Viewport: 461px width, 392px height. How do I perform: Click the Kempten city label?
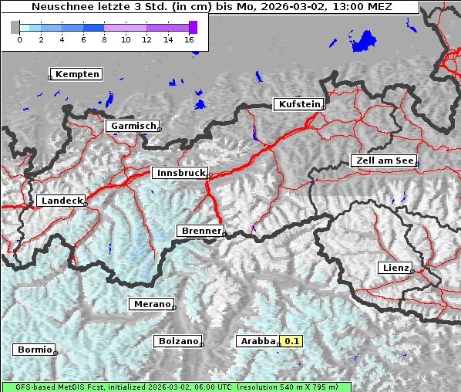click(77, 74)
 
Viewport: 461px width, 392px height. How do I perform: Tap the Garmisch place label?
click(133, 126)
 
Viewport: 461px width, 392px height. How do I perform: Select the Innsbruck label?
click(180, 174)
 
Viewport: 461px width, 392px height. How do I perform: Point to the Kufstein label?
click(299, 104)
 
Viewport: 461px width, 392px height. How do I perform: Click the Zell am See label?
click(383, 161)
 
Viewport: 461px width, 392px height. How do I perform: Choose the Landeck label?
click(61, 201)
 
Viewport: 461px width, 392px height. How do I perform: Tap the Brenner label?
click(200, 231)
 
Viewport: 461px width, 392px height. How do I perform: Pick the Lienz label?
click(395, 268)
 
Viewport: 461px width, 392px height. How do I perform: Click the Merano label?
click(151, 304)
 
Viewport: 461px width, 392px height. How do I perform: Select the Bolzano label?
click(177, 341)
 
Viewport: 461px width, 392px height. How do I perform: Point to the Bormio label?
click(34, 350)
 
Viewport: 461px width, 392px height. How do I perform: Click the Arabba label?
click(257, 341)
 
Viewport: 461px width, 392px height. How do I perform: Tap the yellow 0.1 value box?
click(291, 341)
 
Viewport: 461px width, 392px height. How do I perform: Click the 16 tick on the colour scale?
click(189, 39)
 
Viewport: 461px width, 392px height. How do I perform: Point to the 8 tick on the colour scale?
click(104, 39)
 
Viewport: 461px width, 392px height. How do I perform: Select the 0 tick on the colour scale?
click(19, 39)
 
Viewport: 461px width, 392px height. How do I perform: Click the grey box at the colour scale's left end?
click(15, 27)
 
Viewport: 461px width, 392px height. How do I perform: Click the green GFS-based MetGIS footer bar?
click(177, 387)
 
